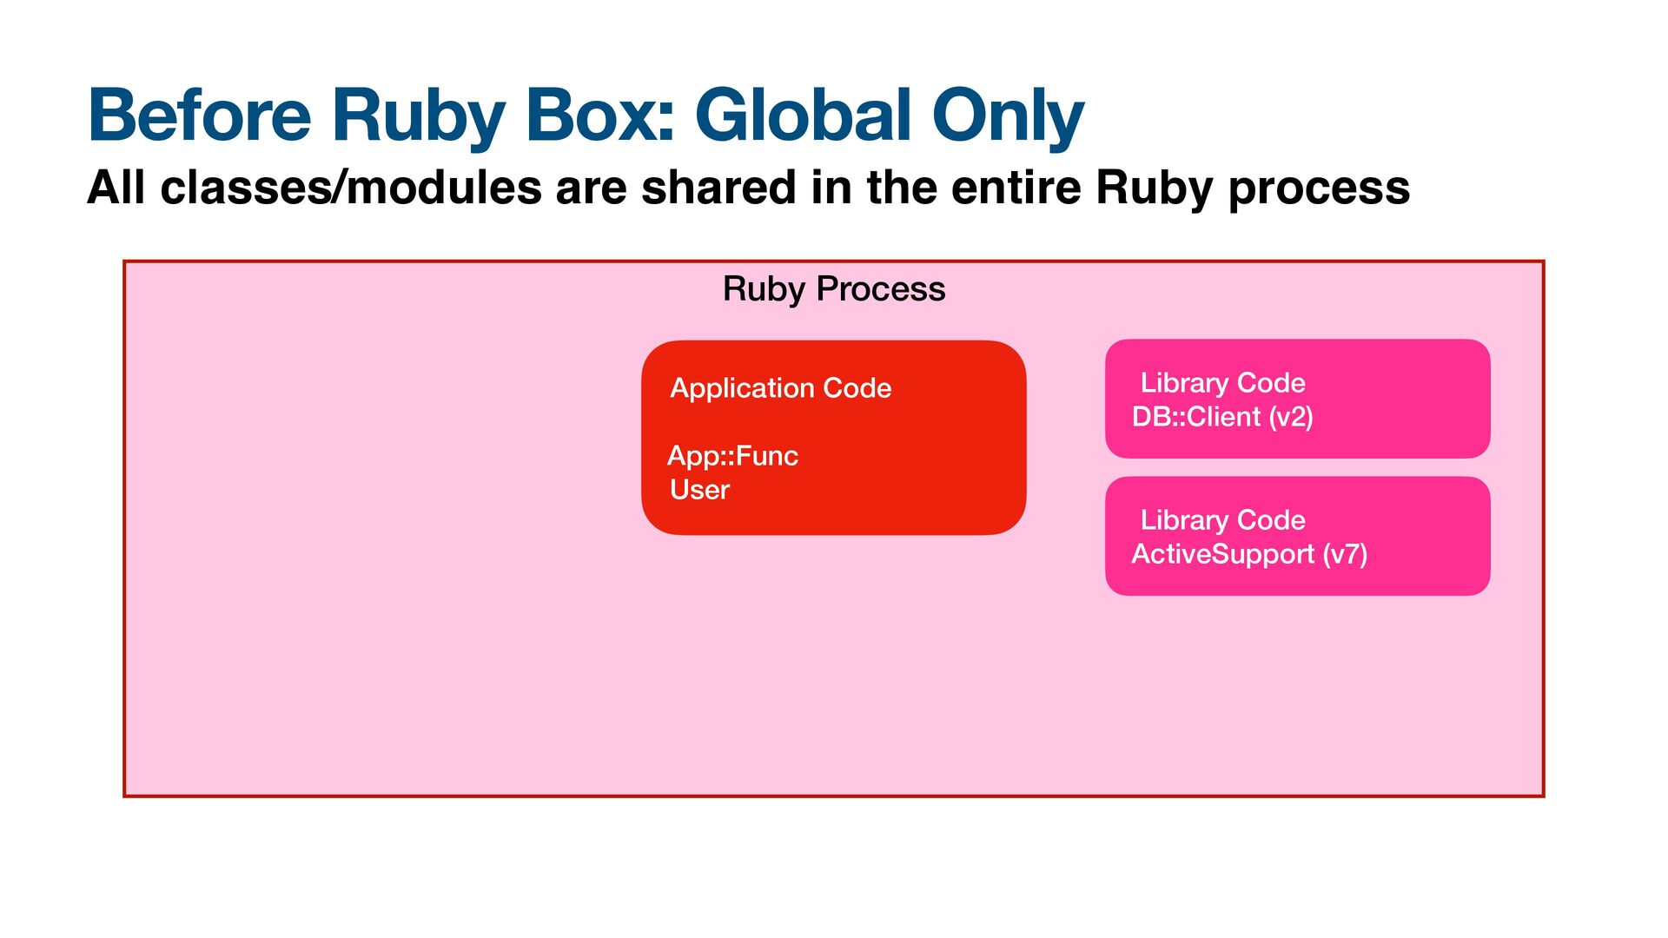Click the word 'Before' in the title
coord(199,115)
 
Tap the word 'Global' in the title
coord(804,115)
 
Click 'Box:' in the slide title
coord(599,115)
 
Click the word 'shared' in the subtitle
coord(718,188)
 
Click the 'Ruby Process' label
coord(834,289)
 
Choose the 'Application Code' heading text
coord(781,387)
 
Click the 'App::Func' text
coord(732,455)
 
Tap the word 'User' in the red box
coord(699,489)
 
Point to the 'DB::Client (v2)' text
coord(1222,417)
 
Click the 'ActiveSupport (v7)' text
coord(1249,554)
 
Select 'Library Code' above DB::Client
coord(1222,382)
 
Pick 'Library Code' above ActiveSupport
coord(1222,519)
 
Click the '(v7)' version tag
coord(1345,554)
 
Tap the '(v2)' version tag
coord(1291,417)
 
